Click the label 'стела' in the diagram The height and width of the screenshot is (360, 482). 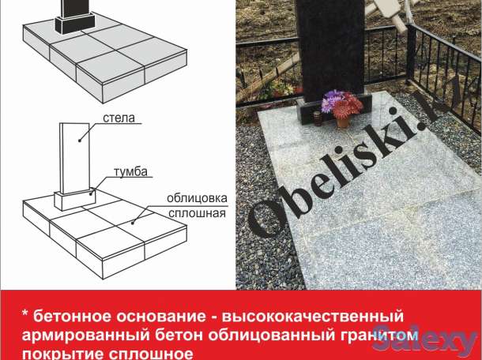119,118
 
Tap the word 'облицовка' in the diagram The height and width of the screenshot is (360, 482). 196,198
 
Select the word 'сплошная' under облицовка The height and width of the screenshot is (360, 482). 196,212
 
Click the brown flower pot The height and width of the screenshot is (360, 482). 343,120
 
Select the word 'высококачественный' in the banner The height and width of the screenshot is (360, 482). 317,315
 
